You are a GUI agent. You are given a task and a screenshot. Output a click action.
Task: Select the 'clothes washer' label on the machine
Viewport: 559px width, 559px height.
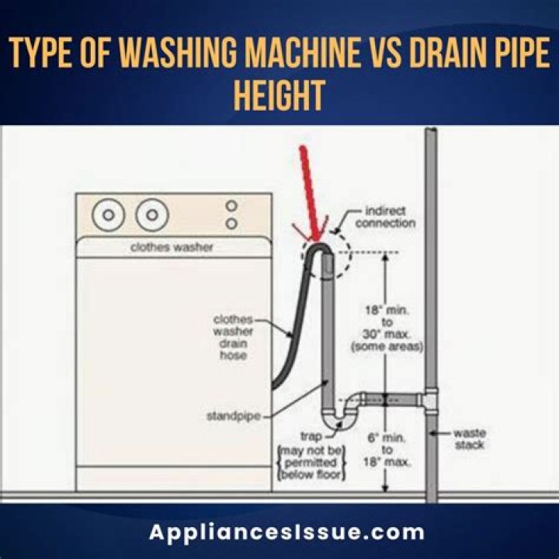(x=173, y=248)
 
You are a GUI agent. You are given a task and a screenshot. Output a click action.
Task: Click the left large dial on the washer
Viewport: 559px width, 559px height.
(x=109, y=214)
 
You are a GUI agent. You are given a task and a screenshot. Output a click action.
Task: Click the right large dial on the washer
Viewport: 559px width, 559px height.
(x=152, y=214)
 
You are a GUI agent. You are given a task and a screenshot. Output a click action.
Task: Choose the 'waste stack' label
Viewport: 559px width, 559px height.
(x=469, y=439)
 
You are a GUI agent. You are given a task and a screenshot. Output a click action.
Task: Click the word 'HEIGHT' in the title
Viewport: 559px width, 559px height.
(x=279, y=96)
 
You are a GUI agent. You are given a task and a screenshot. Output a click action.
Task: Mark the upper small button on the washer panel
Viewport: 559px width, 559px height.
(x=231, y=206)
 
